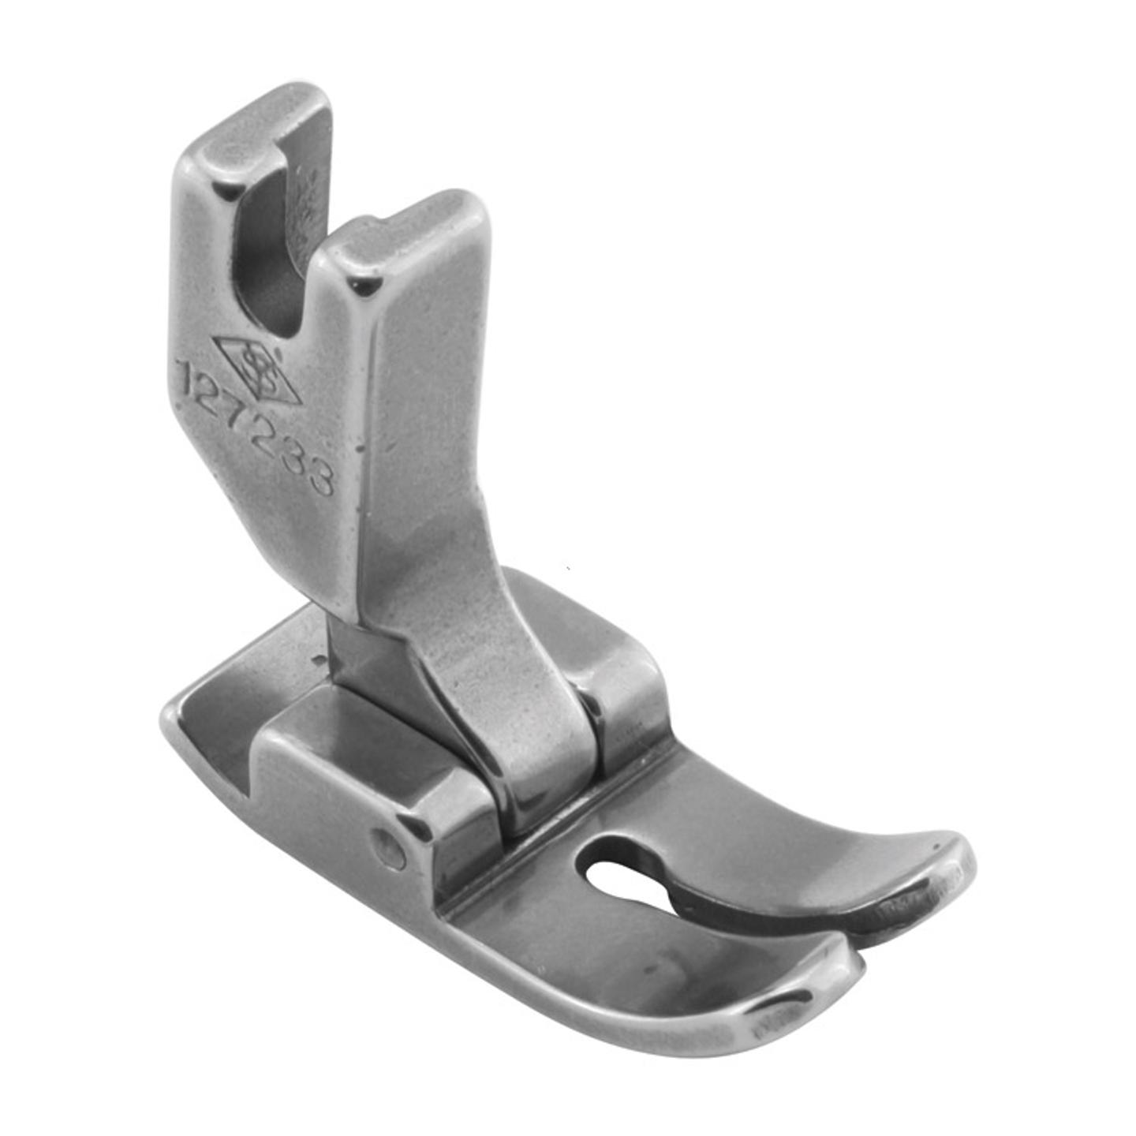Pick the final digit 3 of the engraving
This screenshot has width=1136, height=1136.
coord(319,476)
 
